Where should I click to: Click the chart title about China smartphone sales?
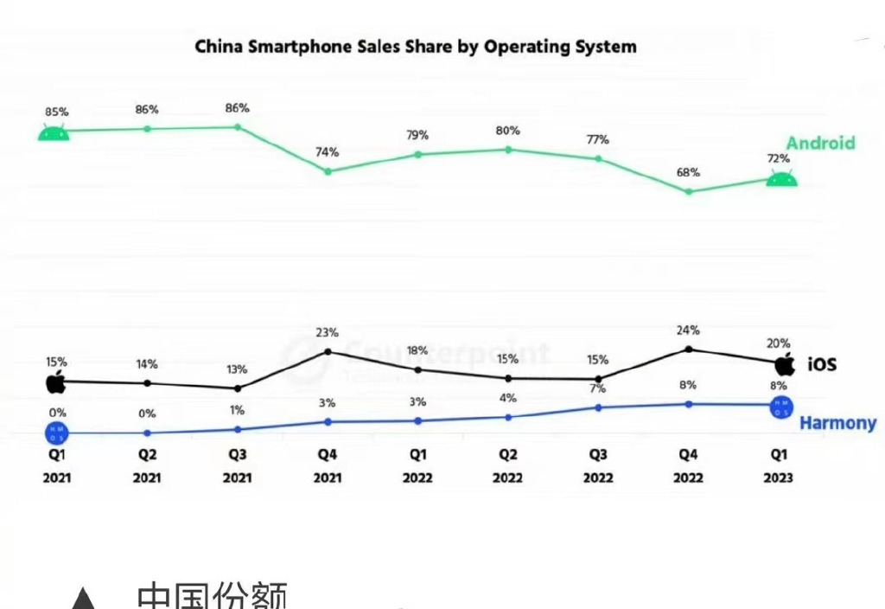[415, 46]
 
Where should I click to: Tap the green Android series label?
[819, 143]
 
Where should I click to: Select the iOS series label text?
[822, 364]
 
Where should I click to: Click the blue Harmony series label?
[837, 423]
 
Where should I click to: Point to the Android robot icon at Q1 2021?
[54, 132]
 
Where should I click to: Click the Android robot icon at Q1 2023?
[782, 179]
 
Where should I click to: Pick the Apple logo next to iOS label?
[785, 363]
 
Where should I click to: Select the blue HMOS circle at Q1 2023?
[781, 407]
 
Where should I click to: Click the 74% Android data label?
[327, 152]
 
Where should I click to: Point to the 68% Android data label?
[688, 172]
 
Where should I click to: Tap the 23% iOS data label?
[327, 332]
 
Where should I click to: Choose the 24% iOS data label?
[688, 330]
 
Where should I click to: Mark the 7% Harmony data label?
[597, 388]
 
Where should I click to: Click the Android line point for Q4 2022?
[689, 191]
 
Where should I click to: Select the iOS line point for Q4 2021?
[328, 351]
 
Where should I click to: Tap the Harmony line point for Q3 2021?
[238, 429]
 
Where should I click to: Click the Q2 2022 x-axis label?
[507, 465]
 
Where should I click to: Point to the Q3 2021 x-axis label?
[238, 465]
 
